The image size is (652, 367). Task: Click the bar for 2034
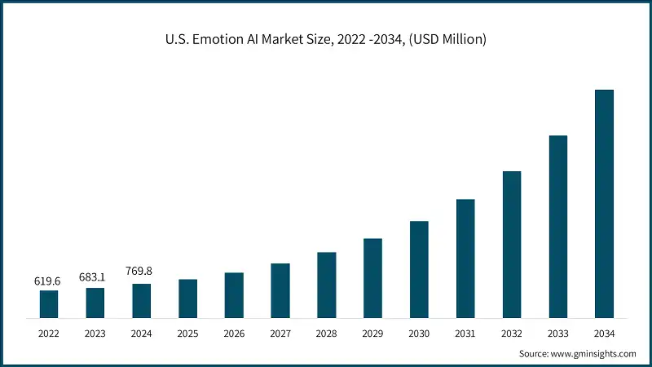pos(604,203)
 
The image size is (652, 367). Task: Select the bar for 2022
pos(49,303)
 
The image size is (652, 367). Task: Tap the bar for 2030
pos(419,268)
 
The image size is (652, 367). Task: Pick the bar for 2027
pos(280,290)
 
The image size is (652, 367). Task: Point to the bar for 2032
pos(511,244)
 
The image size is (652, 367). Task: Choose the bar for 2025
pos(187,298)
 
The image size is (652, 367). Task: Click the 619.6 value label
pos(48,281)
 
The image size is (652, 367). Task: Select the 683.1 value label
pos(95,277)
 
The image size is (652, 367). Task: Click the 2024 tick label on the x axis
pos(141,333)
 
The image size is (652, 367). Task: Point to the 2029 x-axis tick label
pos(372,333)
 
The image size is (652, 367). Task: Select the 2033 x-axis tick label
pos(557,333)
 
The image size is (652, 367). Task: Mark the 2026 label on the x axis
pos(234,333)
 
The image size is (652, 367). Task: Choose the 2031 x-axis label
pos(465,333)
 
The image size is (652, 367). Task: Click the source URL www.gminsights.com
pos(593,353)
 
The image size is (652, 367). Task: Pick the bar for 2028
pos(327,285)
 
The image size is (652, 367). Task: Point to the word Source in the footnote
pos(534,353)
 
